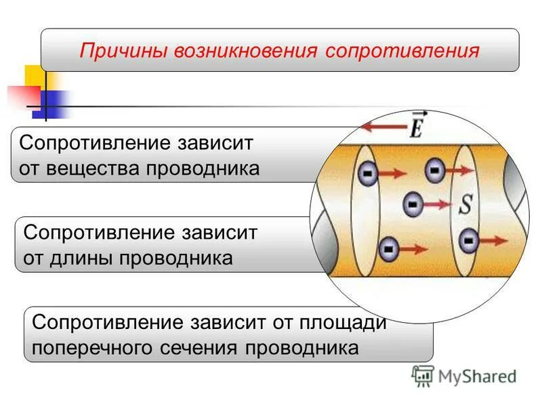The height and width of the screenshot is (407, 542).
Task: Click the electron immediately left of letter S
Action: click(411, 203)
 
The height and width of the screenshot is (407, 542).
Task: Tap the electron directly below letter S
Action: click(467, 240)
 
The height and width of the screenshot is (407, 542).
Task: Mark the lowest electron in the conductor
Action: click(388, 250)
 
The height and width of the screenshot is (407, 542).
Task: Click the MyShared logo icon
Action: click(423, 375)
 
